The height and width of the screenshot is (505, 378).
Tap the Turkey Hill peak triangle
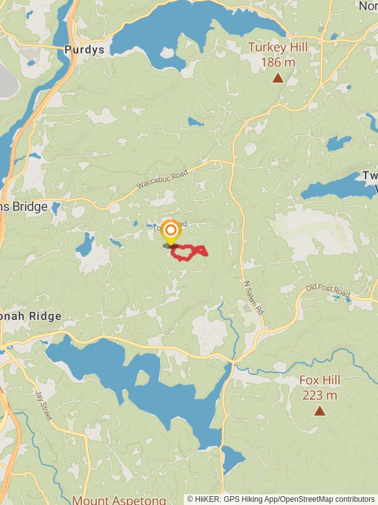[277, 78]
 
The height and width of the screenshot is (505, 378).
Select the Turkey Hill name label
[277, 47]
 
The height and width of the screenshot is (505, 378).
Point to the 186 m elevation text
[277, 62]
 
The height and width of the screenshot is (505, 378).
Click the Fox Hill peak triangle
[320, 411]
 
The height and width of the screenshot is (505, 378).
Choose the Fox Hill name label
[319, 380]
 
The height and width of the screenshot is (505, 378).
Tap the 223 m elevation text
[319, 395]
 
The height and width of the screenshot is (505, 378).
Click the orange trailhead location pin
[170, 232]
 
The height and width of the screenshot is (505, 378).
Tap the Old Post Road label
[328, 292]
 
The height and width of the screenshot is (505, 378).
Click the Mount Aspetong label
[119, 500]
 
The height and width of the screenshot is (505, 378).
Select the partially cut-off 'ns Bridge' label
[24, 207]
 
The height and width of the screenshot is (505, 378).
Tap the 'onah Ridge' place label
[31, 316]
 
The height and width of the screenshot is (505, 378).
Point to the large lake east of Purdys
[189, 28]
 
